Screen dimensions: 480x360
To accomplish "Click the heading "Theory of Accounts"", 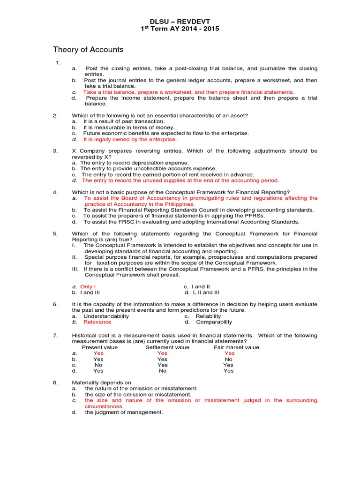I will [88, 50].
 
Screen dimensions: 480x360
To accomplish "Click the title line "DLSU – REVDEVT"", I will [180, 21].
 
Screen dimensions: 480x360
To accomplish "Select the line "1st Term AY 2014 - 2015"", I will [180, 29].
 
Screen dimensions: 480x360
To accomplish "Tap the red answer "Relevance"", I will [97, 322].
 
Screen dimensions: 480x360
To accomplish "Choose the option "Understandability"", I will [106, 316].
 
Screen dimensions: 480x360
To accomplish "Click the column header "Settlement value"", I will [167, 347].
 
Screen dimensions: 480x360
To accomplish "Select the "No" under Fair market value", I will [229, 359].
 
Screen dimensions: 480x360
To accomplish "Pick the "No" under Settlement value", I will [163, 371].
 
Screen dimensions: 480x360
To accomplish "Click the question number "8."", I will [55, 382].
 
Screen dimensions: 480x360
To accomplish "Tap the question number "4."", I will [55, 192].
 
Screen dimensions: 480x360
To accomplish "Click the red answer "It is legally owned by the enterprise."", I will [130, 139].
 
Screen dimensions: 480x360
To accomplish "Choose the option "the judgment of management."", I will [124, 412].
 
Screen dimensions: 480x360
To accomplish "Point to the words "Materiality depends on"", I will [101, 382].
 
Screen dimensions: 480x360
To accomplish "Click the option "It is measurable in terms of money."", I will [129, 127].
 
